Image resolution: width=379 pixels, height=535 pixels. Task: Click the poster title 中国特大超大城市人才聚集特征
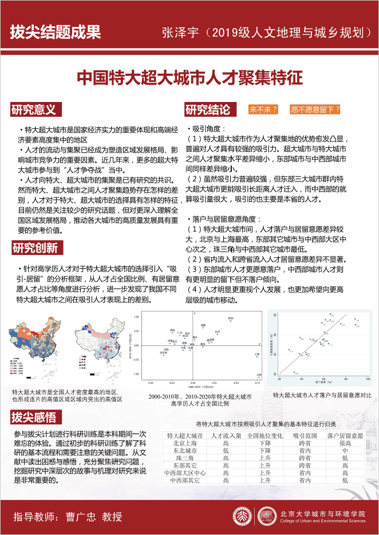pos(189,77)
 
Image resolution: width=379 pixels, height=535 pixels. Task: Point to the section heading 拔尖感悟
pos(34,416)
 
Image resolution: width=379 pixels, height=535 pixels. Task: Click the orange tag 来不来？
pos(263,109)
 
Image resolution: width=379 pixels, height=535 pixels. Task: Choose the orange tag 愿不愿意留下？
pos(315,109)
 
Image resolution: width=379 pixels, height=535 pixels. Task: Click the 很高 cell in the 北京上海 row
pos(345,443)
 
